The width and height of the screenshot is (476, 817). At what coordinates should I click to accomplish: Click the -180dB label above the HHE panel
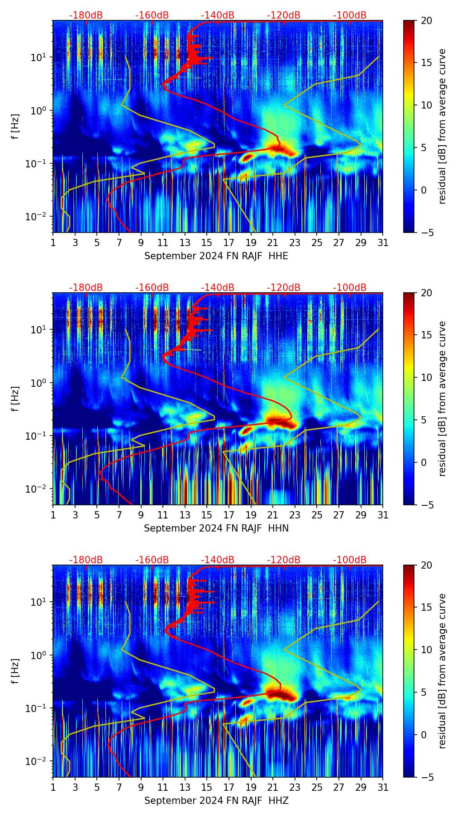(x=86, y=15)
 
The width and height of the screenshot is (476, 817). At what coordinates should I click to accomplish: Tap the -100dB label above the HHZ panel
(x=350, y=560)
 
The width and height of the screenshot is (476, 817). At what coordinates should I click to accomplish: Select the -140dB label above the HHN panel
(x=218, y=288)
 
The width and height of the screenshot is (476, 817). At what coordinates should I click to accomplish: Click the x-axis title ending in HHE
(x=216, y=256)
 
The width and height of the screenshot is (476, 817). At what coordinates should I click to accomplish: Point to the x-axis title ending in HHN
(x=216, y=528)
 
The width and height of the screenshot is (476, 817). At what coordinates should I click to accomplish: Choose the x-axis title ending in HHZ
(x=216, y=801)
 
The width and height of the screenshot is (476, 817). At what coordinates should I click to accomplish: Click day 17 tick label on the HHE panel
(x=228, y=242)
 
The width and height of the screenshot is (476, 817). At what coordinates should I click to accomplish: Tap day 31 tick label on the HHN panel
(x=383, y=515)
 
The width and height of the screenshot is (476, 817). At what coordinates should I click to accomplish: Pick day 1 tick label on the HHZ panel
(x=53, y=787)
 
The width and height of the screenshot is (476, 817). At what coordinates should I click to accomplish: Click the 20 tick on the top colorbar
(x=426, y=20)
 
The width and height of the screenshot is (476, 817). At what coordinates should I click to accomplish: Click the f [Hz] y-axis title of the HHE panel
(x=16, y=126)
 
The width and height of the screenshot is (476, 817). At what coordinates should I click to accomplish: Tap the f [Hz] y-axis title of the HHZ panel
(x=16, y=671)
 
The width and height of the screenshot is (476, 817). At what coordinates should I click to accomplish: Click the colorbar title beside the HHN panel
(x=442, y=399)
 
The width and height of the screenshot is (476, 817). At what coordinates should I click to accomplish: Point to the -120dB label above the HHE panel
(x=284, y=15)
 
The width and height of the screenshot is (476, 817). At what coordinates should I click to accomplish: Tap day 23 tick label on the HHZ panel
(x=295, y=787)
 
